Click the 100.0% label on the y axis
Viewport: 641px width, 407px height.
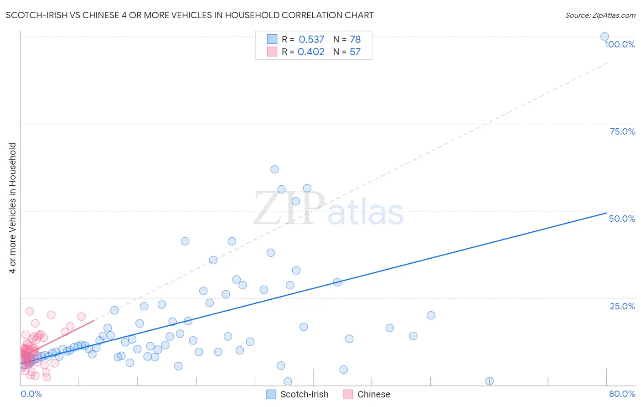620,44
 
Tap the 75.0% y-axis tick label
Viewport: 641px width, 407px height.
622,131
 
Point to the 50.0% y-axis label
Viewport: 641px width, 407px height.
622,219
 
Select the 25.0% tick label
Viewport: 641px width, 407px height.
622,306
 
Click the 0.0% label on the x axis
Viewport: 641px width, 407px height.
31,394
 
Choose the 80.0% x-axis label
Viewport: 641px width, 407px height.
622,394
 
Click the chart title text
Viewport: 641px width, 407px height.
190,16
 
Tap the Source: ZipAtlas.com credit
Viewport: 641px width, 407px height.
600,16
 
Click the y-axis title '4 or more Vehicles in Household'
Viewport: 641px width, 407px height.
13,208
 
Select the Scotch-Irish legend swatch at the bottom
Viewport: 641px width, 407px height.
271,394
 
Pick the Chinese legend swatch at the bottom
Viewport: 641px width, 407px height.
348,394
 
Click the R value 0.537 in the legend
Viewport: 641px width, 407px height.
311,40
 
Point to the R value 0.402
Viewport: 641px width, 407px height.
311,52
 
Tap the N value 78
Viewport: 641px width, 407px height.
355,40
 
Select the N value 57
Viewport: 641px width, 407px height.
355,52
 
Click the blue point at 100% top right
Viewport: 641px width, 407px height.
605,37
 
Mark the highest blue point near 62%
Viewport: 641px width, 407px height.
274,169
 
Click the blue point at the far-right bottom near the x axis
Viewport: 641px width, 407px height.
489,381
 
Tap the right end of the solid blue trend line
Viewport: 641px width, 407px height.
606,213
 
